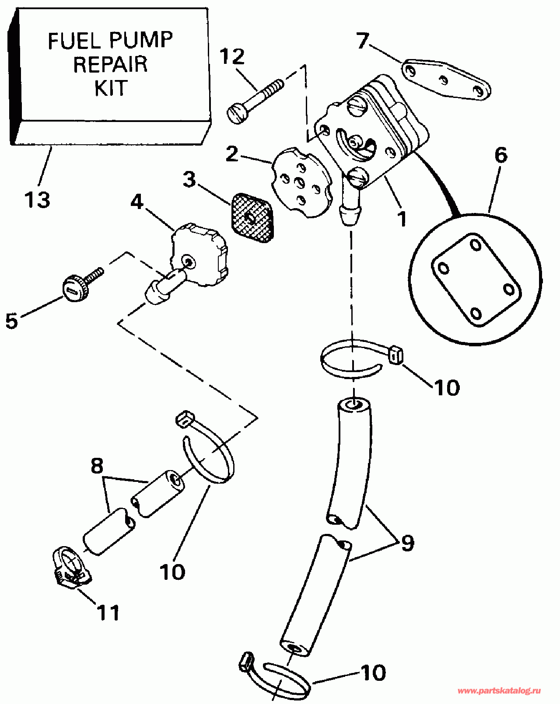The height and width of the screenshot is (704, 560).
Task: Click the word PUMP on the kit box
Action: pyautogui.click(x=141, y=41)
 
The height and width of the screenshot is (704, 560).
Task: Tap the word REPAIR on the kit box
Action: pyautogui.click(x=110, y=64)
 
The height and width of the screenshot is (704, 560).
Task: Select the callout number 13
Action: pyautogui.click(x=37, y=200)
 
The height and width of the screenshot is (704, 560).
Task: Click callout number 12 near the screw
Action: pyautogui.click(x=231, y=57)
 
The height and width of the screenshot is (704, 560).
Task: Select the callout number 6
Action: pyautogui.click(x=500, y=155)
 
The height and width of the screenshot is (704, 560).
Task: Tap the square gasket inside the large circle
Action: pyautogui.click(x=476, y=280)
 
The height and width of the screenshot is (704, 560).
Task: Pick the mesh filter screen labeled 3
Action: pyautogui.click(x=252, y=218)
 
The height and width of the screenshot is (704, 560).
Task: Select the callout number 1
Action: pyautogui.click(x=401, y=219)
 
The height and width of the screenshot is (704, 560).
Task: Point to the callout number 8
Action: pyautogui.click(x=97, y=466)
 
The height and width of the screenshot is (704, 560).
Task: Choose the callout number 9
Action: pyautogui.click(x=407, y=543)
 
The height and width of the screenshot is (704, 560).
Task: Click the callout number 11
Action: pyautogui.click(x=108, y=613)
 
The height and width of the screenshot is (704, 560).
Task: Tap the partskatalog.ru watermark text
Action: pyautogui.click(x=499, y=691)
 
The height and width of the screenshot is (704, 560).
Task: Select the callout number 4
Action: pyautogui.click(x=136, y=202)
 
